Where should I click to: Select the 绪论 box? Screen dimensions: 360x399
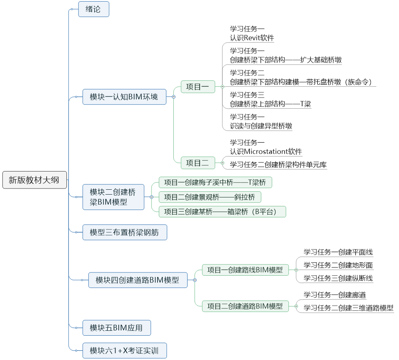94,9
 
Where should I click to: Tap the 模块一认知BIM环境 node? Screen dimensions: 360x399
124,97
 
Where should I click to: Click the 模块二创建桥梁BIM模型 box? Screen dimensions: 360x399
113,197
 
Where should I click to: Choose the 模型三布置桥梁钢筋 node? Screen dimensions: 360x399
124,232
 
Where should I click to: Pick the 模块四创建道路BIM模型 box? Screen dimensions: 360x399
138,280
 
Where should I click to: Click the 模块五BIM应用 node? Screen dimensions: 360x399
116,328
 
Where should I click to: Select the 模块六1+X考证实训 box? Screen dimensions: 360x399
124,350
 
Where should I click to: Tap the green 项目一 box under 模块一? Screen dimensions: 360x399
198,86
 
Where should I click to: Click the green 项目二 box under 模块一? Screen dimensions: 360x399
198,163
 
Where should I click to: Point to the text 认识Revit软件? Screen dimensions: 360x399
252,38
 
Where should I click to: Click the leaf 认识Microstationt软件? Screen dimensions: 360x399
266,152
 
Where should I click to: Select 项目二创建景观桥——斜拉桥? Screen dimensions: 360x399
210,197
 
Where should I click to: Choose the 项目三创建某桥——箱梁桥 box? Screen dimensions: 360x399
222,212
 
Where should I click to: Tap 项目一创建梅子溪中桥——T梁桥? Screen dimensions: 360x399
215,182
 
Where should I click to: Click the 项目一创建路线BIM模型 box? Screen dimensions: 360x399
245,270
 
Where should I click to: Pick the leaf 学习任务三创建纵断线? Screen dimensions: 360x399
338,278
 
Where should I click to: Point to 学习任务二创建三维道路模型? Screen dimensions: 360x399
348,308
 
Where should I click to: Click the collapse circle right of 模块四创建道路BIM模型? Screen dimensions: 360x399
195,280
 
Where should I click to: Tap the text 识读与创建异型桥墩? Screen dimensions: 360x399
261,126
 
